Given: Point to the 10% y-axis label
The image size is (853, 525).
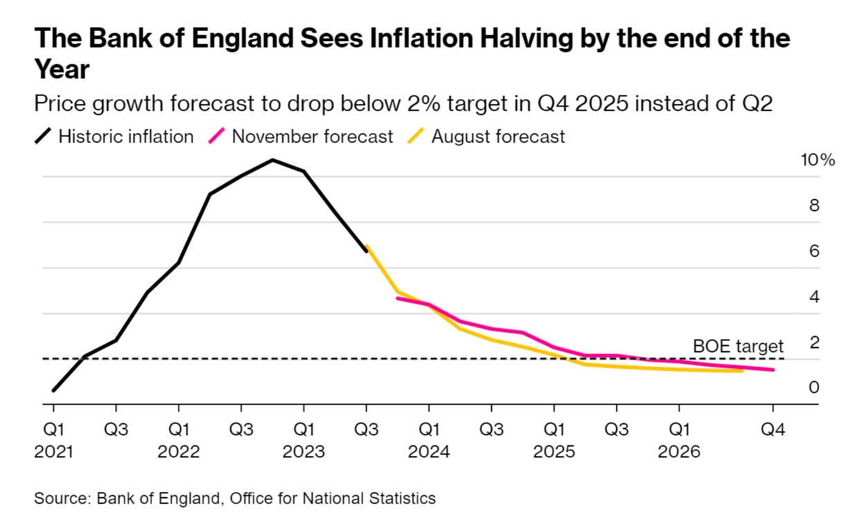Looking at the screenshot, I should point(818,160).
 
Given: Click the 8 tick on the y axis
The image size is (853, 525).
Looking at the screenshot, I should point(815,205).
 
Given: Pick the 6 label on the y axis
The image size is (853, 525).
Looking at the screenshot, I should point(815,251).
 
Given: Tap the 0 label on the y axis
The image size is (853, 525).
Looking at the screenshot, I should point(815,387).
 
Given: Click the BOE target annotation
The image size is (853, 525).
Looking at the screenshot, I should point(738,346).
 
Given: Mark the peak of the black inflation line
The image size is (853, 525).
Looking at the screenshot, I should point(273,160).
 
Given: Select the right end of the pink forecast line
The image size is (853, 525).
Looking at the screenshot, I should point(773,369).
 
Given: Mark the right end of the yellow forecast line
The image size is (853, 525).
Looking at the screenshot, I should point(742,371).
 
